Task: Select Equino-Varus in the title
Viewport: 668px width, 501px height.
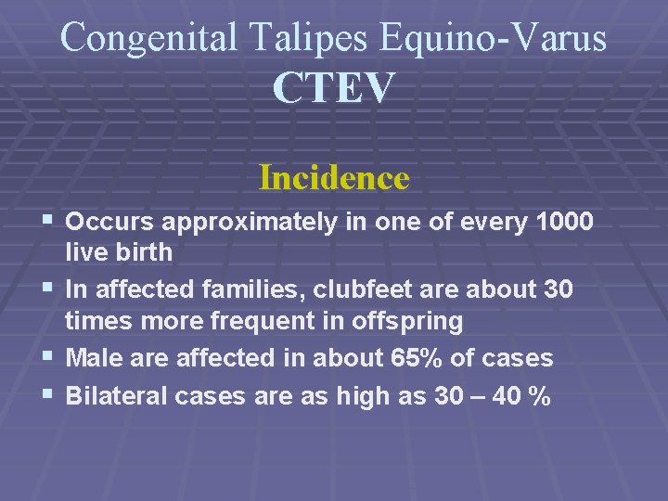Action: point(494,38)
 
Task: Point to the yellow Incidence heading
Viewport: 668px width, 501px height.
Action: point(334,176)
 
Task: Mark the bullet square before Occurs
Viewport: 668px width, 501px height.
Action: point(49,221)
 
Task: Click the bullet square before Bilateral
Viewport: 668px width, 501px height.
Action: point(49,395)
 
